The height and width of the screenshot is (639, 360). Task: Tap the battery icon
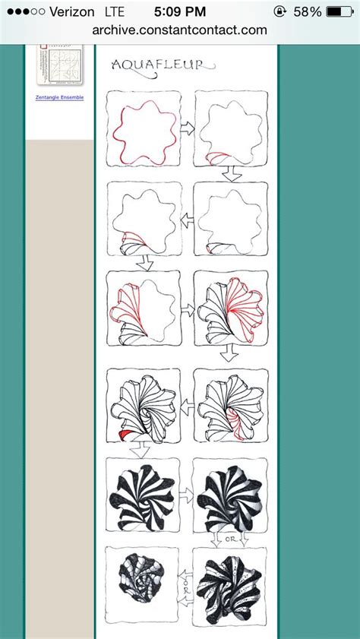pyautogui.click(x=339, y=12)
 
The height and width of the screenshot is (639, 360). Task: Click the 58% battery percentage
pyautogui.click(x=308, y=12)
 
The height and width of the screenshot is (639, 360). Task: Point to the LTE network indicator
pyautogui.click(x=115, y=12)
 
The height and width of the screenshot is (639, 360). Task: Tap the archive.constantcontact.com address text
pyautogui.click(x=180, y=30)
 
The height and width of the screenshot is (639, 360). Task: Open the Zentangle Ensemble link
pyautogui.click(x=59, y=97)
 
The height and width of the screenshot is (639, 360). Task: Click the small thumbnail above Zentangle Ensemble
pyautogui.click(x=59, y=65)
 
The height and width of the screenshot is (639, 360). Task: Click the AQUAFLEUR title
pyautogui.click(x=157, y=65)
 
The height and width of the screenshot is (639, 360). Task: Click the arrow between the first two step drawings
pyautogui.click(x=188, y=129)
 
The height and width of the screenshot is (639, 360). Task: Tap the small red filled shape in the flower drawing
pyautogui.click(x=123, y=434)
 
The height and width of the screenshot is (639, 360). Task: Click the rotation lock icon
pyautogui.click(x=280, y=12)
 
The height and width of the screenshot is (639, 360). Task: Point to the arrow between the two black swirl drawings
pyautogui.click(x=187, y=495)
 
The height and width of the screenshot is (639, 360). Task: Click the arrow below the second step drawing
pyautogui.click(x=232, y=174)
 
